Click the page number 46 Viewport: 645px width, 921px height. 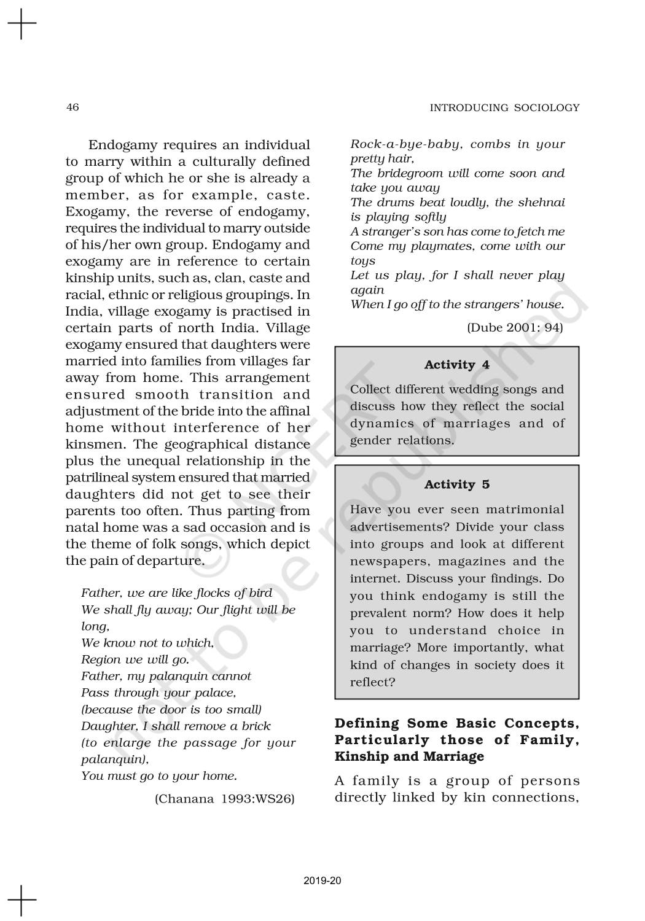72,107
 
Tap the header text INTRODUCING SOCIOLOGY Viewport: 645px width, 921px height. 504,108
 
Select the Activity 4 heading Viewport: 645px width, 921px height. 456,365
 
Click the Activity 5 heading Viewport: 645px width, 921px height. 456,484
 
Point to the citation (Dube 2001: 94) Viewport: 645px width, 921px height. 515,327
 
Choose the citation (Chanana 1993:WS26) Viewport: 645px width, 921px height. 224,798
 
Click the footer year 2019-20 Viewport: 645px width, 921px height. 322,880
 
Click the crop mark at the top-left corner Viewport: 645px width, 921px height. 21,24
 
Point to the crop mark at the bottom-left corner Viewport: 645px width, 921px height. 21,900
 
